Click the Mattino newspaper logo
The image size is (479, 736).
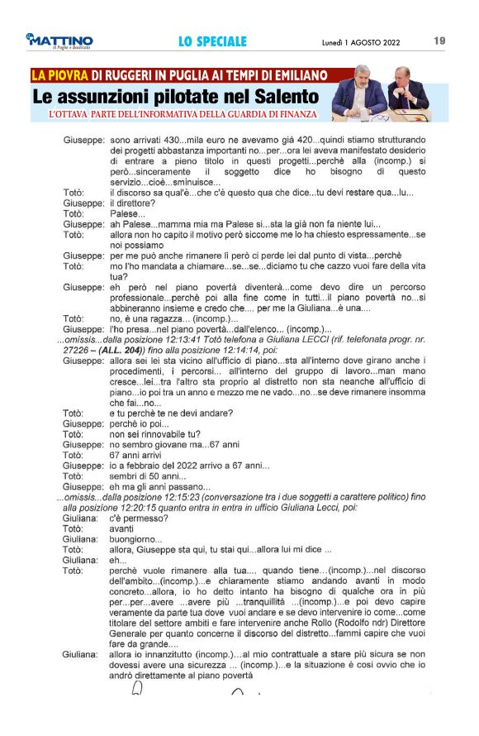(59, 41)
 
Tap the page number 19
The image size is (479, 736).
(439, 41)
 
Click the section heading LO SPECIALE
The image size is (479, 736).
(212, 41)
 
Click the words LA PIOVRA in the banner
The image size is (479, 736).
(60, 75)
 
